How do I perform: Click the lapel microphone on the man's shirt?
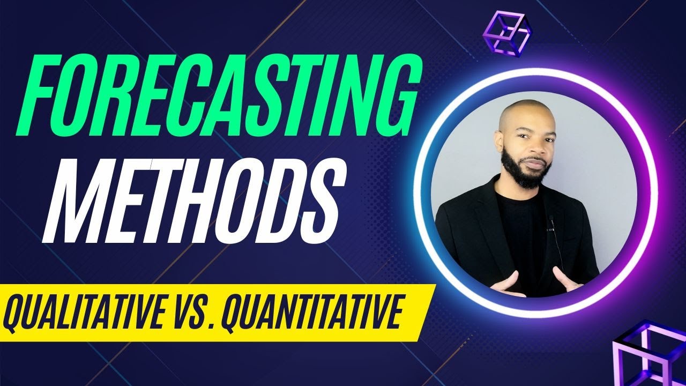pos(551,220)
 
